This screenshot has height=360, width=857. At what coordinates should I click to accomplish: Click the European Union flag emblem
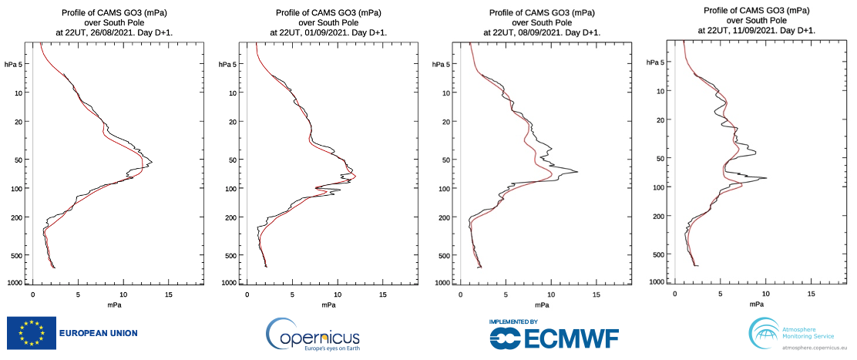coord(32,333)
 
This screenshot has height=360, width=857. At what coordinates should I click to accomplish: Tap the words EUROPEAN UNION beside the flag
coord(99,334)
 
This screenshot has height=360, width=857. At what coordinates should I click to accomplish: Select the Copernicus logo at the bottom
coord(313,335)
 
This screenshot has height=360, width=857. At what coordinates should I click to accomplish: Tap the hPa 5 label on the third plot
coord(442,64)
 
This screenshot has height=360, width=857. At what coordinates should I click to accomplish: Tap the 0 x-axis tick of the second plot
coord(247,295)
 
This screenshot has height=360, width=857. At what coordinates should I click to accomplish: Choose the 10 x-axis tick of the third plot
coord(551,295)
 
